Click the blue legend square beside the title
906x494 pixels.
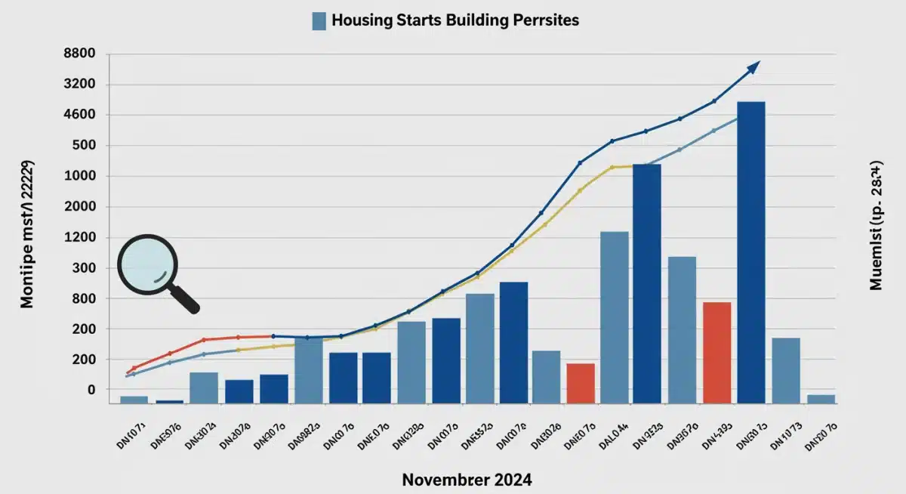pyautogui.click(x=319, y=21)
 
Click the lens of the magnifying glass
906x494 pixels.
pyautogui.click(x=148, y=265)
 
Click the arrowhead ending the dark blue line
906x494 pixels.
pyautogui.click(x=753, y=67)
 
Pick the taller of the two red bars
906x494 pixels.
pyautogui.click(x=716, y=352)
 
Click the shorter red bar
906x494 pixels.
pyautogui.click(x=581, y=383)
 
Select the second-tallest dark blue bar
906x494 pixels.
pyautogui.click(x=647, y=283)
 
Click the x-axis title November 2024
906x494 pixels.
pyautogui.click(x=466, y=479)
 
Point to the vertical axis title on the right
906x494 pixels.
pyautogui.click(x=876, y=226)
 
